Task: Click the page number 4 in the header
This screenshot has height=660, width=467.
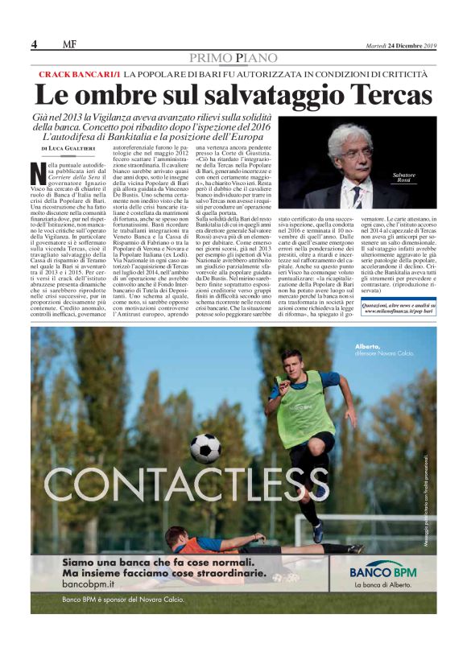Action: click(x=35, y=44)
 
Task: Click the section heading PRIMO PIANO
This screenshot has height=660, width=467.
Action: click(x=233, y=57)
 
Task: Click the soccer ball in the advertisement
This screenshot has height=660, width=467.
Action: click(x=205, y=448)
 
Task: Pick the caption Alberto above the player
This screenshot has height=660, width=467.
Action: click(x=366, y=347)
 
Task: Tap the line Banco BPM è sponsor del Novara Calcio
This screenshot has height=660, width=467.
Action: click(x=122, y=600)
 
